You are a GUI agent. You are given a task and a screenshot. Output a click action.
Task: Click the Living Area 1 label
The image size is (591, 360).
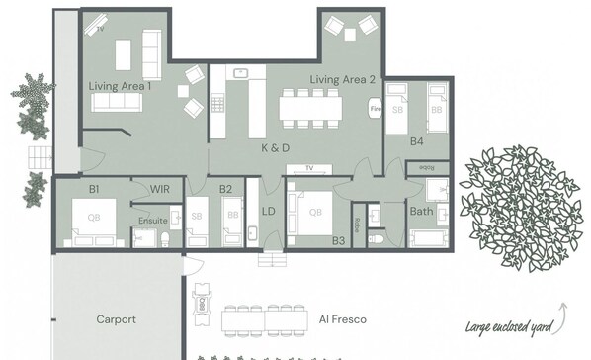pos(120,87)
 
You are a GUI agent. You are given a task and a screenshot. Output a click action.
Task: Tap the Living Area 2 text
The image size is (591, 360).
pos(343,79)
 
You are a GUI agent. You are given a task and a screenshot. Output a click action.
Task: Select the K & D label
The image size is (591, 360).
pos(276,147)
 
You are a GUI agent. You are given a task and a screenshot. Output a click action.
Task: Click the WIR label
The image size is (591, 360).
pos(161,188)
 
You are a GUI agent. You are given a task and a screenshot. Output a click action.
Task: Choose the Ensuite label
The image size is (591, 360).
pos(151,220)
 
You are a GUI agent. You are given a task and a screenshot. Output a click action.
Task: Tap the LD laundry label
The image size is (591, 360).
pos(268,211)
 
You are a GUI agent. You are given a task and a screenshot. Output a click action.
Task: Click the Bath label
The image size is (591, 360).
pos(422,211)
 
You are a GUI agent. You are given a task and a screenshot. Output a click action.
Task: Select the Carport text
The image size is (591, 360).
pos(116,319)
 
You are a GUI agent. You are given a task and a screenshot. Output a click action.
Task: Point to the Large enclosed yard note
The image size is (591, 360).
pos(509,325)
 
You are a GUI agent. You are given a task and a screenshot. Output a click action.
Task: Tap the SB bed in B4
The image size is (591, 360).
pos(399,108)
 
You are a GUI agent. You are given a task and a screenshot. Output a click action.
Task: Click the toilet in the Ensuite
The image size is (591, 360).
pos(166,238)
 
